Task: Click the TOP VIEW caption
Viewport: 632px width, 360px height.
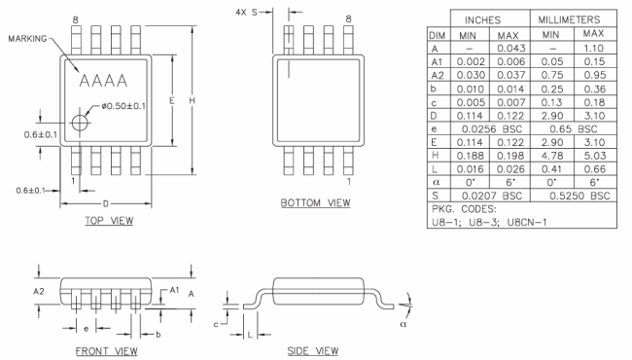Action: (109, 221)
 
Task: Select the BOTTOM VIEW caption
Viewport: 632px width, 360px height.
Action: (315, 202)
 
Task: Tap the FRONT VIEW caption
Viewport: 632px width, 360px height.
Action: (106, 351)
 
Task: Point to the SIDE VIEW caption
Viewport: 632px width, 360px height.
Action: (313, 351)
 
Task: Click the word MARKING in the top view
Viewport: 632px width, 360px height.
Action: (27, 39)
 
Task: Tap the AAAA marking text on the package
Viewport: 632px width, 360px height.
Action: (104, 81)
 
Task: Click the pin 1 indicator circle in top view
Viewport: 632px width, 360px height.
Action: (80, 123)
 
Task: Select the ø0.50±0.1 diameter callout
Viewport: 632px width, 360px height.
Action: (123, 106)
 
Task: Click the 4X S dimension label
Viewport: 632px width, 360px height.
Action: (246, 13)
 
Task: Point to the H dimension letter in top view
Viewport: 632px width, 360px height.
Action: (192, 100)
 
